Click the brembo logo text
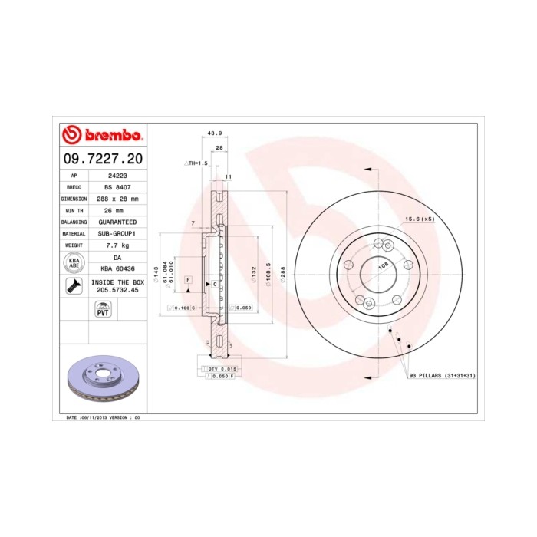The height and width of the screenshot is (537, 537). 108,136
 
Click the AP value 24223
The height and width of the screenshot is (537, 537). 117,175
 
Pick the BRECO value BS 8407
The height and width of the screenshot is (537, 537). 117,187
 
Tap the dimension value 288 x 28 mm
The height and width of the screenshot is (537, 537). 117,199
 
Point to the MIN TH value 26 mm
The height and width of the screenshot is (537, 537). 117,210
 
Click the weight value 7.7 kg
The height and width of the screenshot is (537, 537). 117,245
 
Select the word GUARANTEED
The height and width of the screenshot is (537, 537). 117,222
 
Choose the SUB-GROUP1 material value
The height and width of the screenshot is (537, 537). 117,233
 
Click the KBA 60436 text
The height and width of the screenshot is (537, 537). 117,268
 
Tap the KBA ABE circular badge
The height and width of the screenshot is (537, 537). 74,262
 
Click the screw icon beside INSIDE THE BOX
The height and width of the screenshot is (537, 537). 74,287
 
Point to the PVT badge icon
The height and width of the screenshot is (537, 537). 102,309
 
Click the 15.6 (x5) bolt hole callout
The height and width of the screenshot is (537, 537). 420,219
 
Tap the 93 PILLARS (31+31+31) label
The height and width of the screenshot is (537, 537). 443,375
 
